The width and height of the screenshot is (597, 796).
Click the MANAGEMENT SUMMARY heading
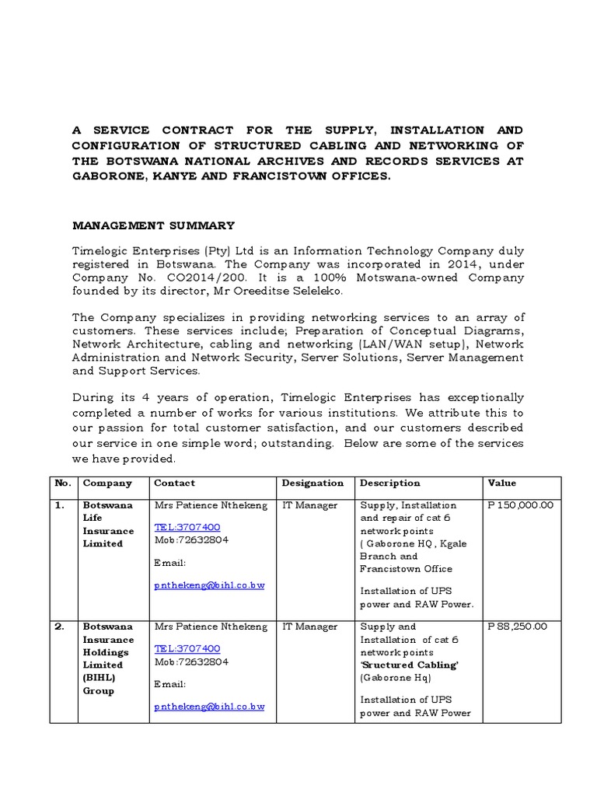[x=153, y=225]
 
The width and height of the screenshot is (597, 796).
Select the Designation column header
[x=312, y=483]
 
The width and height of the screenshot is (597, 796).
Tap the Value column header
[x=501, y=483]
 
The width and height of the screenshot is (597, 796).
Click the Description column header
[x=389, y=483]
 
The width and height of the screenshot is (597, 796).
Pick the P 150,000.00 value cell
[x=520, y=505]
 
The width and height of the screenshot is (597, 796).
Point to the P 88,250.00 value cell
[x=517, y=627]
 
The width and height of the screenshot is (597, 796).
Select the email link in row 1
[x=209, y=585]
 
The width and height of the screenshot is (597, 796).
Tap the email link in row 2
[x=209, y=706]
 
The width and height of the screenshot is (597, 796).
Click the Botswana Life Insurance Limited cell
[x=108, y=524]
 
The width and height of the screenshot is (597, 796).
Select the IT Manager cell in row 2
[x=309, y=627]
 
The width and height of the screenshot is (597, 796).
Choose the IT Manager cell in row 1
[x=309, y=505]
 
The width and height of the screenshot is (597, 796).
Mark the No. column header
[x=63, y=483]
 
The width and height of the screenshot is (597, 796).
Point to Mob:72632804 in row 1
[x=191, y=539]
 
